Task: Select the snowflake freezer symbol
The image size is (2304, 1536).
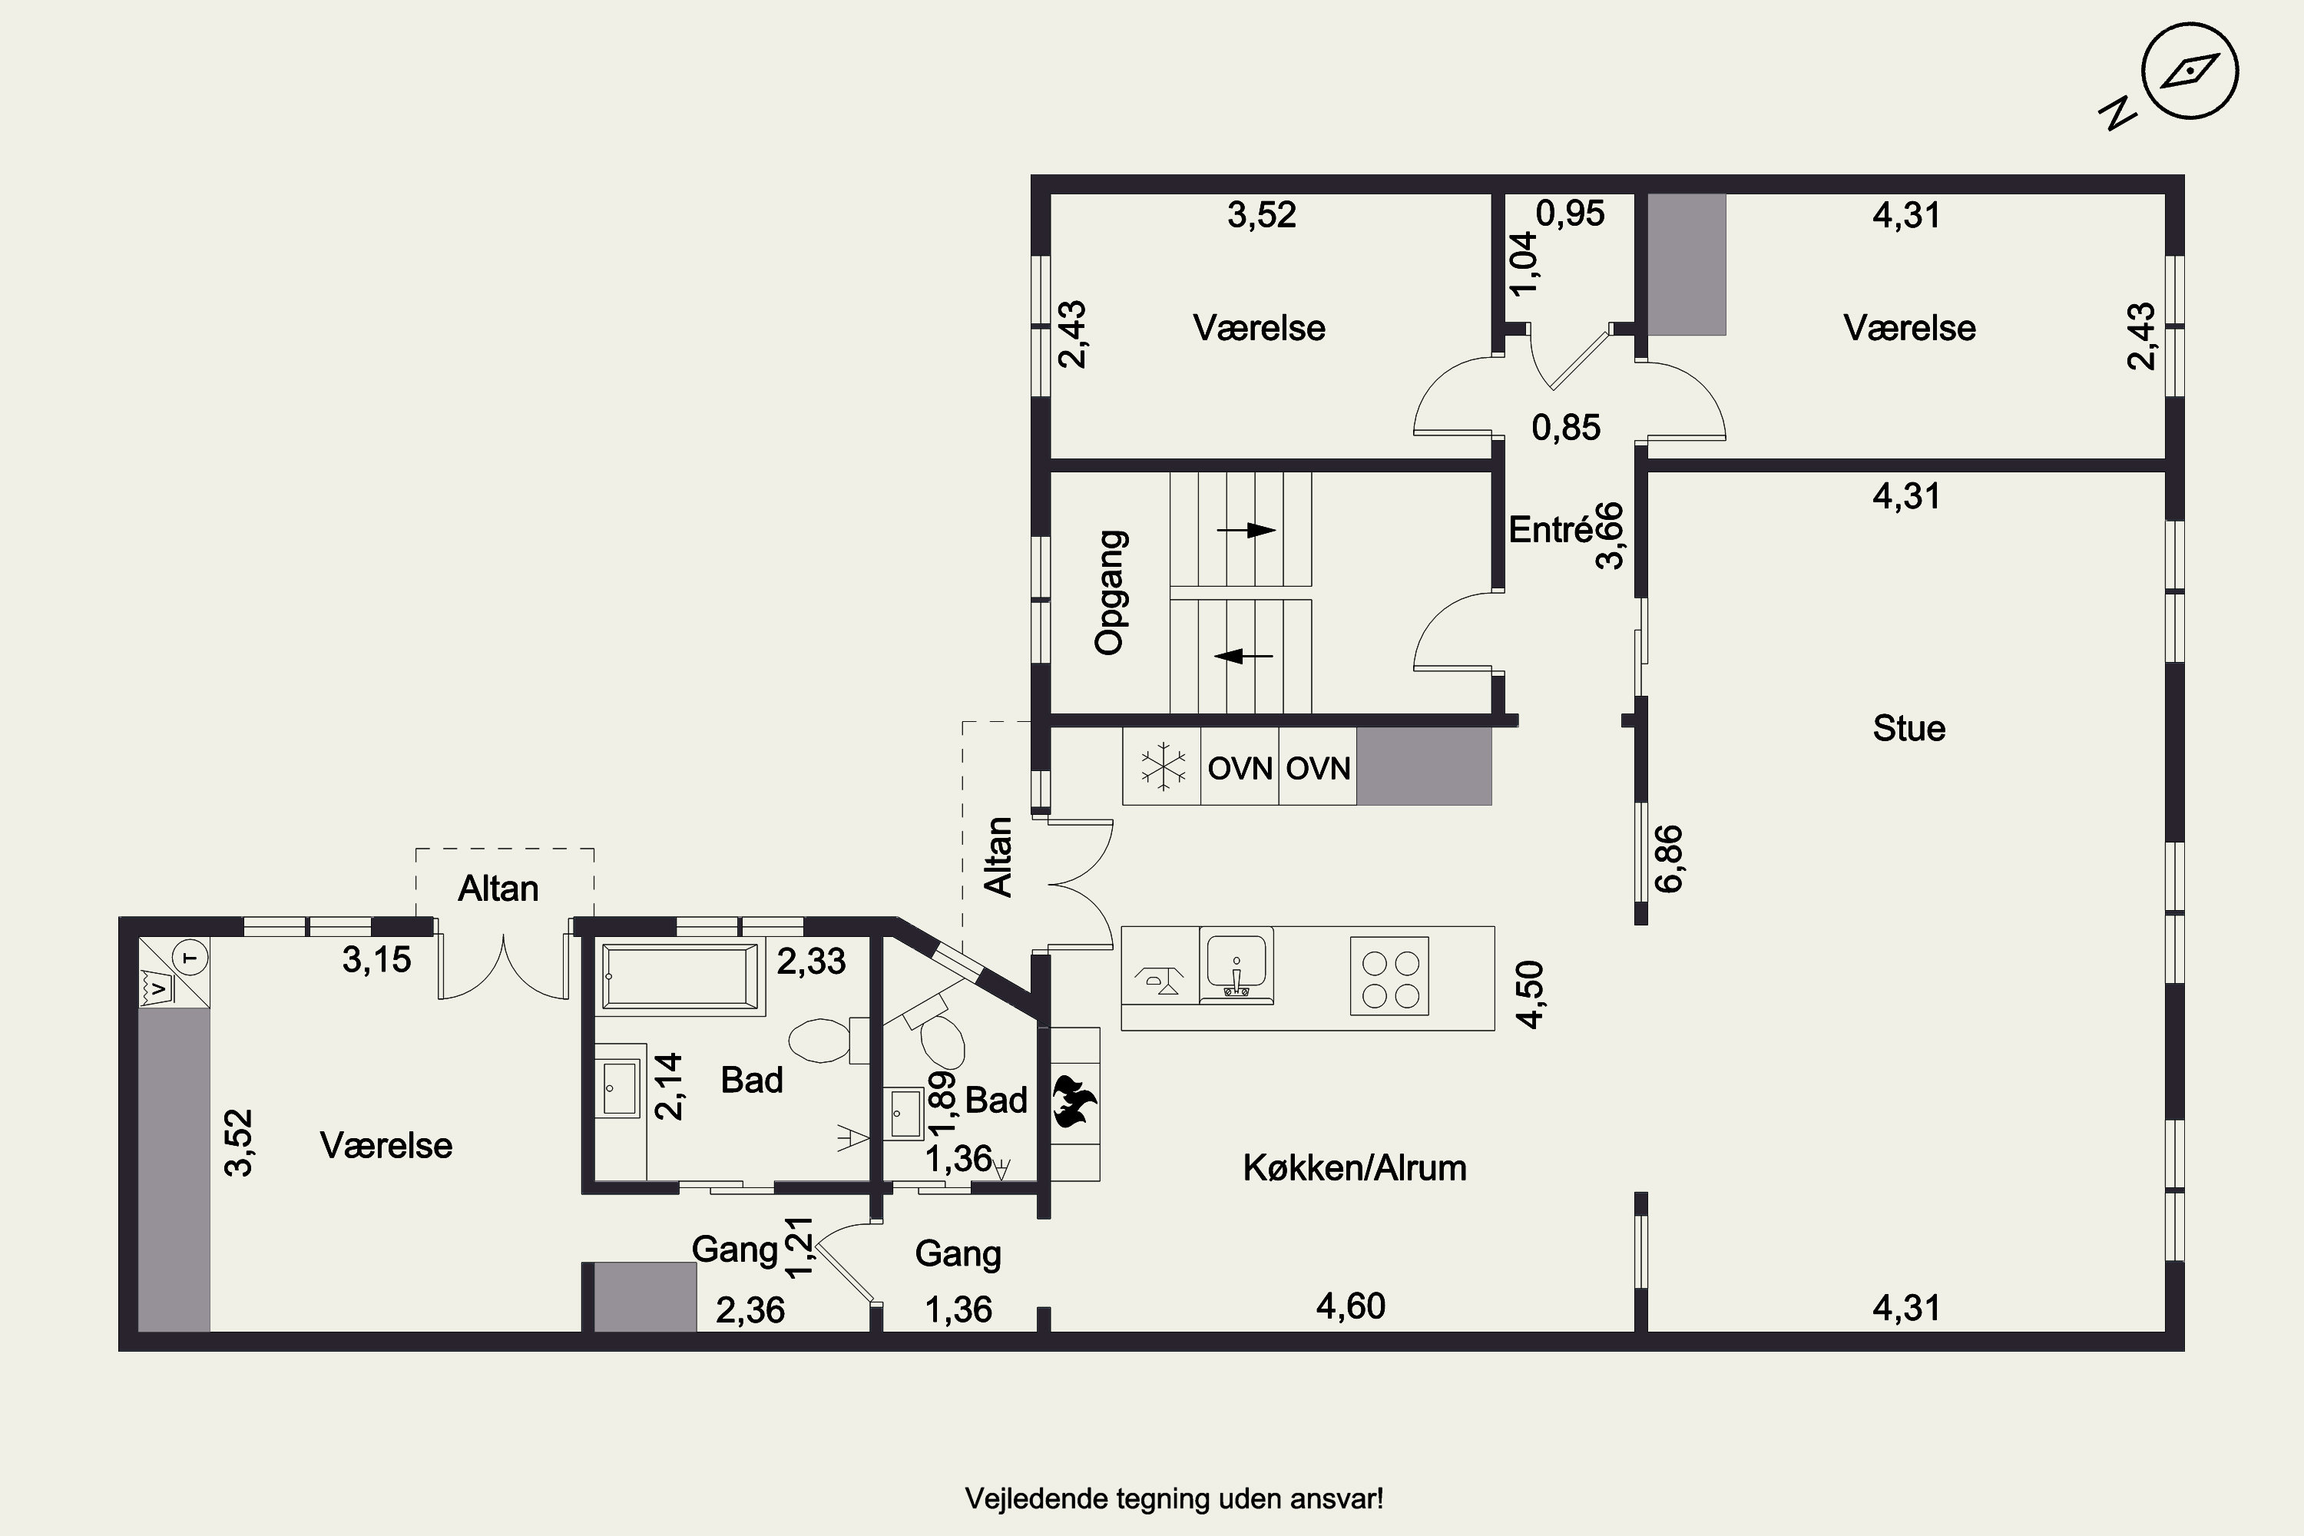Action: click(1163, 766)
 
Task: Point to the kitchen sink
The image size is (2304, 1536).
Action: click(1236, 966)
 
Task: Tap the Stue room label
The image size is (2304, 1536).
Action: click(1908, 728)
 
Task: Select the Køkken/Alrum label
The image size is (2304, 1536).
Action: click(1355, 1167)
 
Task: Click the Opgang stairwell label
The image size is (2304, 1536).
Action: click(1110, 593)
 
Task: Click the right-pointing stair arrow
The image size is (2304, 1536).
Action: click(1246, 530)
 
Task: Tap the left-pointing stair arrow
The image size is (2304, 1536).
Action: click(1243, 655)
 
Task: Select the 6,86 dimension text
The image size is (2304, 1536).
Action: click(1669, 859)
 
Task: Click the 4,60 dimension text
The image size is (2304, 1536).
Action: click(1351, 1306)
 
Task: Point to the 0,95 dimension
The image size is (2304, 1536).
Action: click(1571, 214)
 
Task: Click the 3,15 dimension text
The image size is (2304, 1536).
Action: click(377, 960)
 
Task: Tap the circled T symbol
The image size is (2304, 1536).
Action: click(192, 957)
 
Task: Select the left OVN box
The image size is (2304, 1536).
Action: click(1240, 768)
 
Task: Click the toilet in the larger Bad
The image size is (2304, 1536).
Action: click(829, 1041)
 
